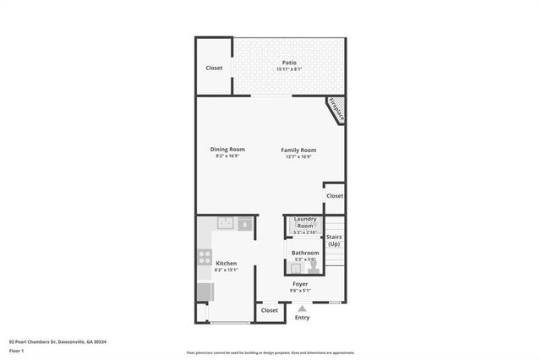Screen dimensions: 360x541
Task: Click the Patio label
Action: click(x=288, y=63)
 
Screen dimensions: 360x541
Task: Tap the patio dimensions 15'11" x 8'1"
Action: click(x=288, y=69)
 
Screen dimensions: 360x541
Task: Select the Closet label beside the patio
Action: click(x=215, y=68)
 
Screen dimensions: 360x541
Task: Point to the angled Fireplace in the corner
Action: click(x=336, y=110)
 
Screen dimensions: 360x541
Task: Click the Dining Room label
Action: click(x=227, y=150)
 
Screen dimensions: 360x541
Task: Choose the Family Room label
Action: click(x=298, y=150)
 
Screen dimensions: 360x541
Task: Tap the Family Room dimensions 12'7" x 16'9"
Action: click(x=298, y=156)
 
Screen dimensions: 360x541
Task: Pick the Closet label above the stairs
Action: click(x=335, y=195)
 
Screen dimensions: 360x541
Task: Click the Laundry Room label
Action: click(x=304, y=223)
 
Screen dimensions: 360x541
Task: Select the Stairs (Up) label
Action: click(x=334, y=241)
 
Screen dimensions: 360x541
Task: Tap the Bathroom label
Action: click(x=305, y=253)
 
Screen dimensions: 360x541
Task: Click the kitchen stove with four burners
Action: click(x=204, y=257)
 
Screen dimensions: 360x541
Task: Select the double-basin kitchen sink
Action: click(x=226, y=224)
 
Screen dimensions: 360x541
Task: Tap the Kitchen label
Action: click(x=227, y=264)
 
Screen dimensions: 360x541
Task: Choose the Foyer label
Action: click(x=300, y=284)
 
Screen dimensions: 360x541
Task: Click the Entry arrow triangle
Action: click(x=302, y=308)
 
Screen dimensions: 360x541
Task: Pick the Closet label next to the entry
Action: click(x=270, y=310)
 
